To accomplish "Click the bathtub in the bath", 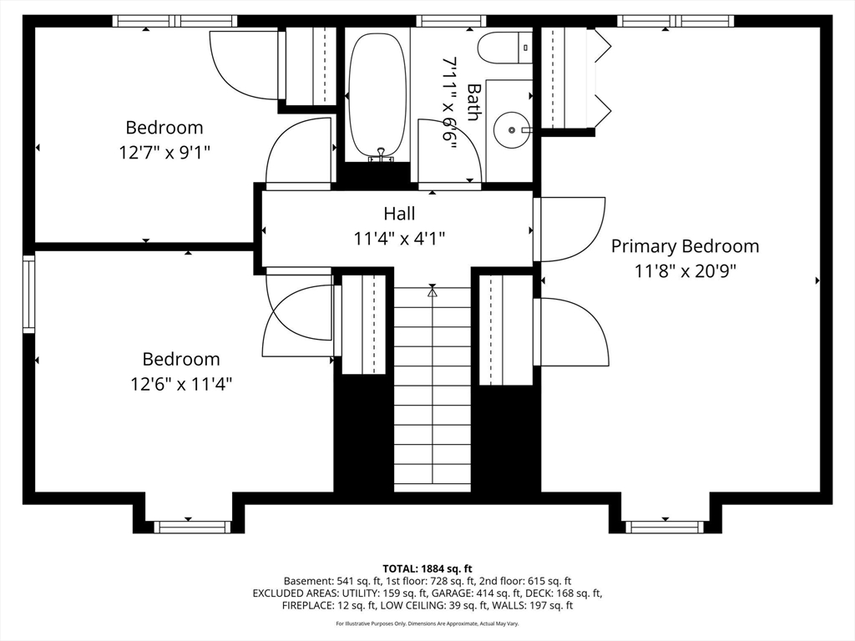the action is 377,94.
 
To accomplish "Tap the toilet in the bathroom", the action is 505,48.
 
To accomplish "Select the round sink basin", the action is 511,129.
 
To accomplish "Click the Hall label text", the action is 399,213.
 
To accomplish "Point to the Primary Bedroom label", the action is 685,246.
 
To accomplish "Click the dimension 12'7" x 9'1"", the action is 164,152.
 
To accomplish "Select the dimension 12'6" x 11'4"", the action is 181,384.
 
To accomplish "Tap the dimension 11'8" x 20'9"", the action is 685,271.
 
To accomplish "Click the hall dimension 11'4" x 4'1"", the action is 399,239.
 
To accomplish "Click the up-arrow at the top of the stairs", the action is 433,292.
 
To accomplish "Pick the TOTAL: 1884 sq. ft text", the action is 427,569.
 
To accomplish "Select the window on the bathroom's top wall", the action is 451,21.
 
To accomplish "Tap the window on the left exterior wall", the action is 28,294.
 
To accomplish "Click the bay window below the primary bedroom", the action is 664,527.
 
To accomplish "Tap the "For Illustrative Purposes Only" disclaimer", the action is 427,623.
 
